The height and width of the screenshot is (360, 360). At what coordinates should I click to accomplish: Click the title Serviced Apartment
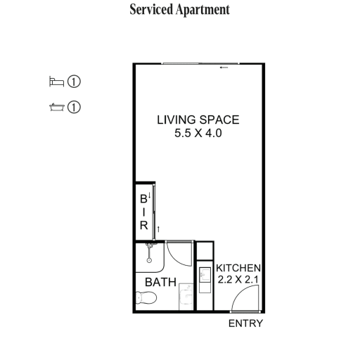[x=180, y=10]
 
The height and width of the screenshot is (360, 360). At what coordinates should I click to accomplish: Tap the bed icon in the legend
[x=56, y=82]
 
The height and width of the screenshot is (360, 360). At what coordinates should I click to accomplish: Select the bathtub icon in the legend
[x=57, y=107]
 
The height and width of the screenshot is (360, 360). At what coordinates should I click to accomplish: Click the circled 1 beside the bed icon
[x=74, y=82]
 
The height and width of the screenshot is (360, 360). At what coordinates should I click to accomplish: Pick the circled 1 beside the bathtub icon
[x=74, y=107]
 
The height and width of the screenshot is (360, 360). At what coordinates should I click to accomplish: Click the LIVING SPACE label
[x=198, y=120]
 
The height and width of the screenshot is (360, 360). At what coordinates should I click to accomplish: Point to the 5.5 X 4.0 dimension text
[x=198, y=133]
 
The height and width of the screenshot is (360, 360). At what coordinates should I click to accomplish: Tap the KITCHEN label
[x=238, y=268]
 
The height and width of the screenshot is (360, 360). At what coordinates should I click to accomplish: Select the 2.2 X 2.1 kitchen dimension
[x=238, y=279]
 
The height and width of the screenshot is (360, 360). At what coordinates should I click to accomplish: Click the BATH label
[x=161, y=282]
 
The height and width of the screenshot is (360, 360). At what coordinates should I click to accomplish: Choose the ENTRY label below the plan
[x=245, y=323]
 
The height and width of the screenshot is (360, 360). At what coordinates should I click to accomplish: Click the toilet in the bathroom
[x=146, y=297]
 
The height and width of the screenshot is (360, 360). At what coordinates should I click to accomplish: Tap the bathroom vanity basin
[x=186, y=297]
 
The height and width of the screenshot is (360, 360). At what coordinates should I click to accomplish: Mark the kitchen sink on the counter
[x=205, y=274]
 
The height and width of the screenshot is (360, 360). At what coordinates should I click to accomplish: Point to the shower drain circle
[x=149, y=260]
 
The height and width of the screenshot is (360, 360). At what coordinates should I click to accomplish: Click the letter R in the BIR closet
[x=144, y=226]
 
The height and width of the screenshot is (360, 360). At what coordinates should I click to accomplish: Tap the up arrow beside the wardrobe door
[x=158, y=229]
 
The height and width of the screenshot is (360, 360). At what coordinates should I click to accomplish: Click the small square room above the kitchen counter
[x=205, y=251]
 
